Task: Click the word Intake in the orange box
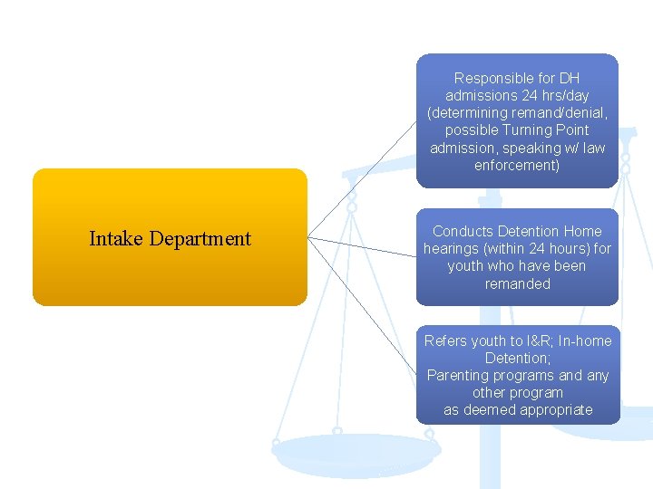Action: [x=116, y=239]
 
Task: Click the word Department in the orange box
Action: [x=200, y=239]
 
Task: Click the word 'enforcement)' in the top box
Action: [x=517, y=166]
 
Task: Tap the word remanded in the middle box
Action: [x=517, y=283]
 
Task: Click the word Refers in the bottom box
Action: [x=445, y=340]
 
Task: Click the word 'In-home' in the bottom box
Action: [x=585, y=340]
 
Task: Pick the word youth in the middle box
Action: [x=465, y=266]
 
